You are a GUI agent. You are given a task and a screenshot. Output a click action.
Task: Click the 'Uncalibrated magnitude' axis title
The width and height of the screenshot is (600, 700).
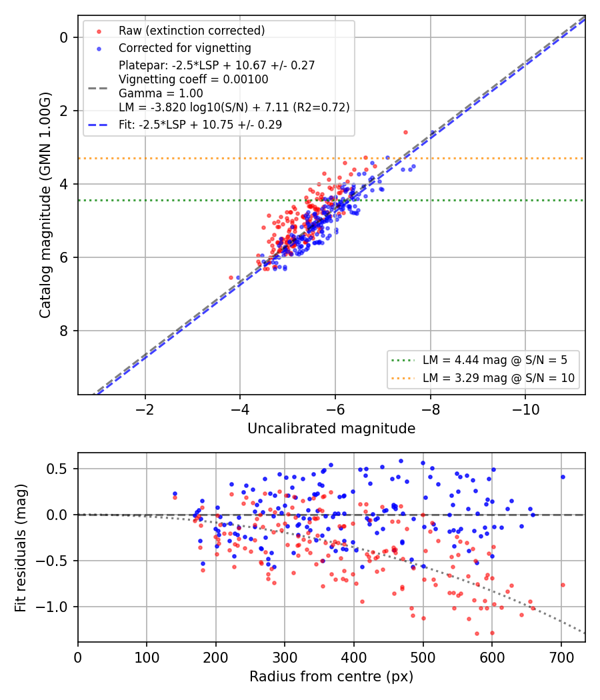pos(331,429)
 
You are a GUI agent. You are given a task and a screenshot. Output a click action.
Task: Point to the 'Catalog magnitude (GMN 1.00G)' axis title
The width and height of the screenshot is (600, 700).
pos(45,205)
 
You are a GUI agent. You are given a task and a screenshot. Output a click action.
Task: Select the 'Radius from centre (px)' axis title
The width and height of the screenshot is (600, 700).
pos(331,677)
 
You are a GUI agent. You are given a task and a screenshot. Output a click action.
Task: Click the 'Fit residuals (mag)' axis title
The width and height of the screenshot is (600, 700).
pos(21,548)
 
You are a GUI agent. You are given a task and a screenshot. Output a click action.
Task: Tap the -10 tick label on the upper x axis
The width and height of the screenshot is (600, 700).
pos(525,409)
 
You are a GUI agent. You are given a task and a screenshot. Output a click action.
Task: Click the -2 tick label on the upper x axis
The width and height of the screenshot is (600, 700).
pos(145,409)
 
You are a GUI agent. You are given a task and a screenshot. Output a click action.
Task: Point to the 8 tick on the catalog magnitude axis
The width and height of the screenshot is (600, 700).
pos(64,331)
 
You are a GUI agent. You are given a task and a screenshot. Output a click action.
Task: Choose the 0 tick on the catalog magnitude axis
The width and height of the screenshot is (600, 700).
pos(64,37)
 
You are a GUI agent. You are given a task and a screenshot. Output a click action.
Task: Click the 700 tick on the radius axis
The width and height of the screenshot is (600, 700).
pos(561,657)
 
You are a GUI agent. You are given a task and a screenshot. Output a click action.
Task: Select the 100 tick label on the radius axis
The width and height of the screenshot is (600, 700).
pos(147,657)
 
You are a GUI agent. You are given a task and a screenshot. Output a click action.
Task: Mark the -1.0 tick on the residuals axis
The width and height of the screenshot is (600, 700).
pos(52,607)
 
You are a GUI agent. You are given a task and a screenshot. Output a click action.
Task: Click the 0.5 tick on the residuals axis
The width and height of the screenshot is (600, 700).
pos(57,469)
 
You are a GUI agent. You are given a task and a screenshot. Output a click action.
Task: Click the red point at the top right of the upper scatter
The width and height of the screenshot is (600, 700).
pos(405,132)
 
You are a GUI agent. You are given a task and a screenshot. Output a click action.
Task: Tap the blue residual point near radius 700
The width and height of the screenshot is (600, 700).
pos(563,477)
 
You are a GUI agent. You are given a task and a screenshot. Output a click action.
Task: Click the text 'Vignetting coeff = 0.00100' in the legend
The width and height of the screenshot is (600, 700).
pos(193,79)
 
